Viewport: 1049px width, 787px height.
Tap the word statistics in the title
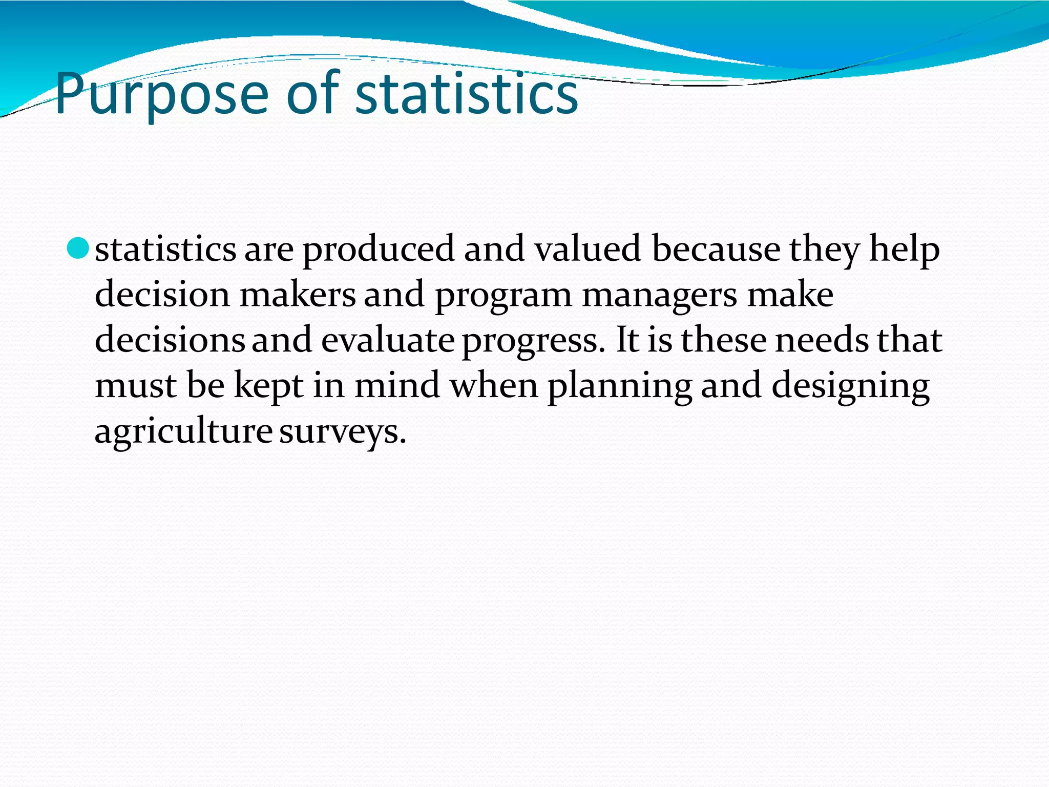coord(466,94)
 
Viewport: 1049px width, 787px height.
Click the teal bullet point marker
coord(78,248)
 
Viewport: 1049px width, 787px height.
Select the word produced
coord(379,250)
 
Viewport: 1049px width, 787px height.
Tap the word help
coord(904,250)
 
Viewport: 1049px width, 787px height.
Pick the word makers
coord(297,295)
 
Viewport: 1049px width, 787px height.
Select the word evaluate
coord(388,340)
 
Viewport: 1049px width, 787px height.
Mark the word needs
coord(822,340)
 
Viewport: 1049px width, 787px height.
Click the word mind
coord(397,385)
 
